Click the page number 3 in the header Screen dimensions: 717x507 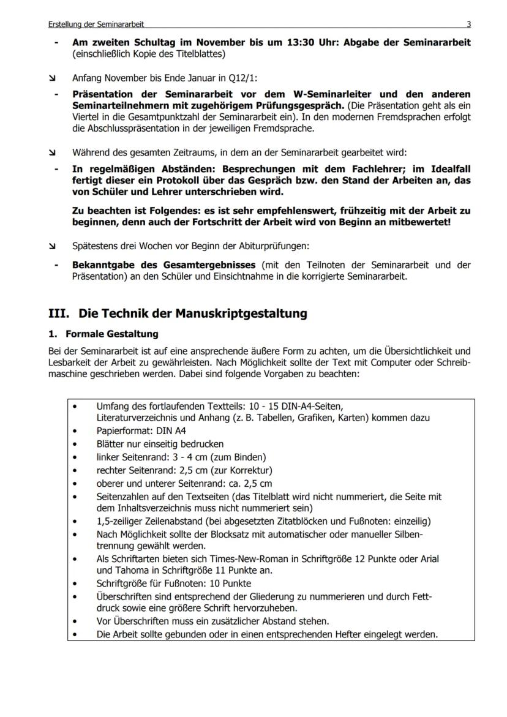pyautogui.click(x=468, y=24)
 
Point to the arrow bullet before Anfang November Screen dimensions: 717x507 pyautogui.click(x=53, y=78)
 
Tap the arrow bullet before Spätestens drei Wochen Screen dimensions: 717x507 pyautogui.click(x=53, y=246)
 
